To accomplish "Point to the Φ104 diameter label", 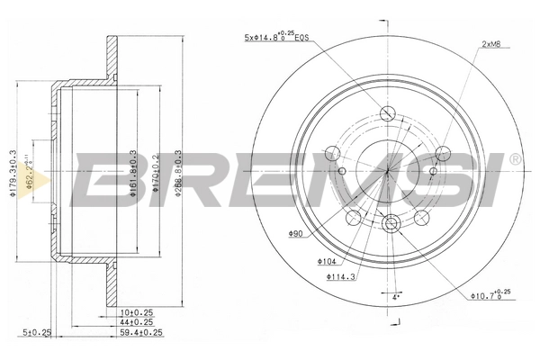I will pyautogui.click(x=326, y=261).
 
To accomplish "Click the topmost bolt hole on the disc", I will pyautogui.click(x=388, y=113).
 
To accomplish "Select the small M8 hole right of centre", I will pyautogui.click(x=434, y=170).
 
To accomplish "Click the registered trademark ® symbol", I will pyautogui.click(x=515, y=159).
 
